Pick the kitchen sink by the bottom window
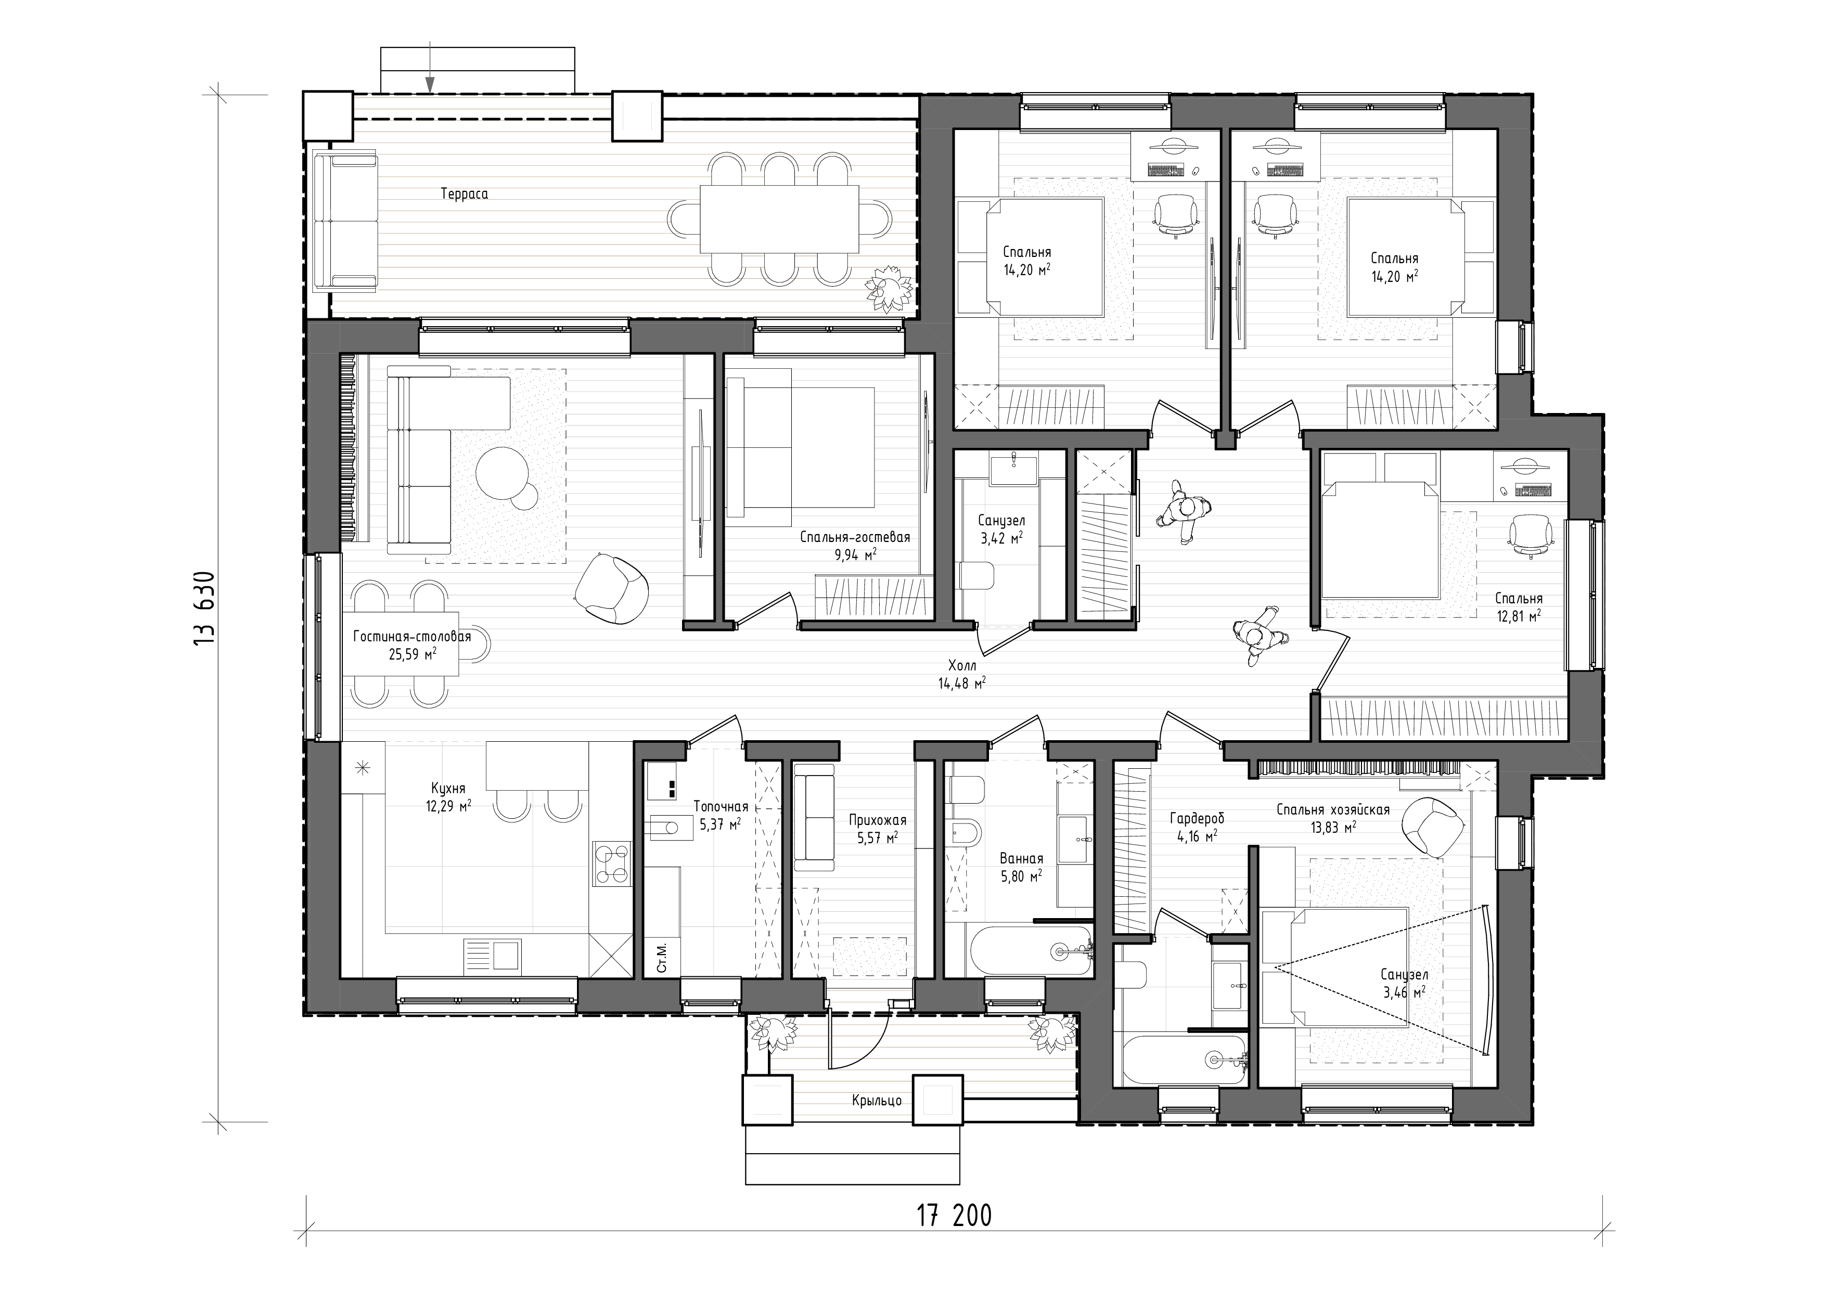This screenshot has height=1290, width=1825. tap(493, 954)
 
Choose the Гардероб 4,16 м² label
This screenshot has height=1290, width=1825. tap(1194, 827)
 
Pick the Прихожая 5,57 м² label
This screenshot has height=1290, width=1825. tap(877, 828)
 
